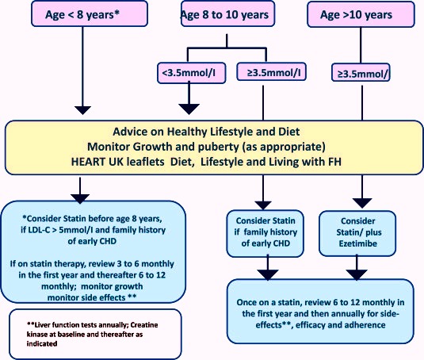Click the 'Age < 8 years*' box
point(90,13)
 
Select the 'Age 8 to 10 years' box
point(227,13)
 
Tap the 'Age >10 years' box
point(361,14)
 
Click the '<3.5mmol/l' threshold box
point(192,73)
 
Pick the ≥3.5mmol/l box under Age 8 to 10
point(272,72)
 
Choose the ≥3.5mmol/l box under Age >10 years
point(361,72)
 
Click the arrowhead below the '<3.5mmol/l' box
point(189,109)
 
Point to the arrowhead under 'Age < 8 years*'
point(82,110)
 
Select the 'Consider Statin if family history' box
point(265,233)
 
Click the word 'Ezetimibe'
point(358,243)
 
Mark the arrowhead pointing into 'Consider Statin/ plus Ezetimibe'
point(362,203)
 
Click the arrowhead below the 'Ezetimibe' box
point(357,275)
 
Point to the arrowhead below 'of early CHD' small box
point(268,275)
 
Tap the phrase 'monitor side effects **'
point(92,297)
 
